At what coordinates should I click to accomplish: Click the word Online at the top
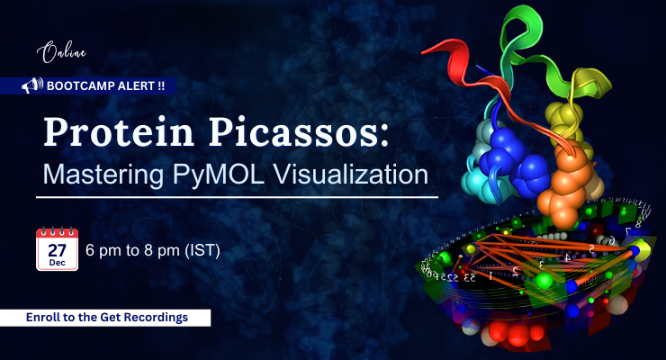(x=58, y=53)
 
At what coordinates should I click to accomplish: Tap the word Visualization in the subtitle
(x=358, y=173)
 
